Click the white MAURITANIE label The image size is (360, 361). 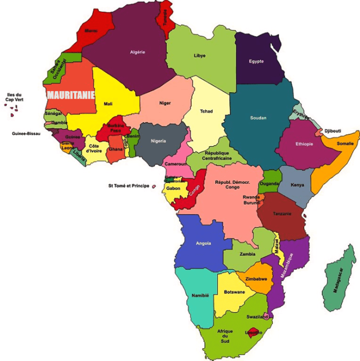pyautogui.click(x=71, y=95)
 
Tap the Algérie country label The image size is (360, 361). pyautogui.click(x=138, y=52)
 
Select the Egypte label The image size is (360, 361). pyautogui.click(x=257, y=61)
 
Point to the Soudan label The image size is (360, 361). pyautogui.click(x=258, y=118)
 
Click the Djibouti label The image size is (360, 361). pyautogui.click(x=332, y=131)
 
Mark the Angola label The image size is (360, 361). pyautogui.click(x=204, y=243)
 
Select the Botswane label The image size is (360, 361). pyautogui.click(x=234, y=292)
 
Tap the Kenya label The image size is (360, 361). pyautogui.click(x=297, y=185)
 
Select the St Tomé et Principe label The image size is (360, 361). pyautogui.click(x=129, y=186)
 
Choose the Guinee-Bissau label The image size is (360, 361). pyautogui.click(x=26, y=134)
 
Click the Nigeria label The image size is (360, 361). pyautogui.click(x=158, y=141)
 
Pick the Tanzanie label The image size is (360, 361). pyautogui.click(x=282, y=214)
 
